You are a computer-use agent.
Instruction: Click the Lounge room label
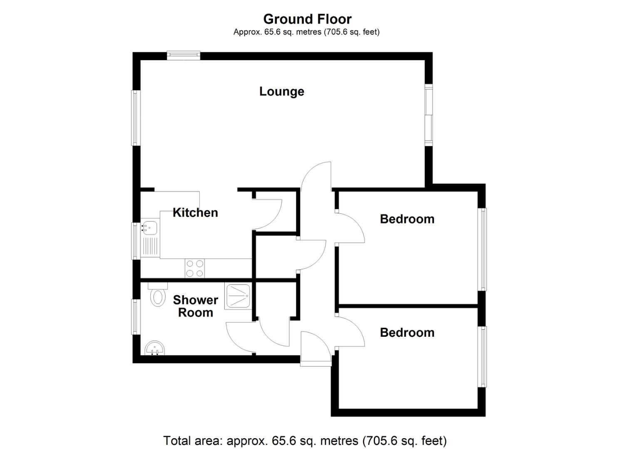pyautogui.click(x=281, y=91)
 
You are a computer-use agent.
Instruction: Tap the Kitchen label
pyautogui.click(x=195, y=212)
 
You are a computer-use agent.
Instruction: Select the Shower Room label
pyautogui.click(x=195, y=306)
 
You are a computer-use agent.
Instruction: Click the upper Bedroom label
pyautogui.click(x=407, y=219)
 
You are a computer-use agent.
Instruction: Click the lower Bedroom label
pyautogui.click(x=407, y=333)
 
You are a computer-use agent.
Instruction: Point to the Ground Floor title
pyautogui.click(x=307, y=19)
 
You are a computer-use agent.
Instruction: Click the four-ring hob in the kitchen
pyautogui.click(x=195, y=268)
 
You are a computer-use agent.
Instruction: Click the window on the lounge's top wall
pyautogui.click(x=184, y=56)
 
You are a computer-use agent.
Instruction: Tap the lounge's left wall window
pyautogui.click(x=136, y=118)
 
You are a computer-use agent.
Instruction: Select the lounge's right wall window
pyautogui.click(x=429, y=115)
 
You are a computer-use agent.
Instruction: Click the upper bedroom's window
pyautogui.click(x=482, y=249)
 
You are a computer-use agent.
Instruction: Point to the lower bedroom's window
pyautogui.click(x=482, y=357)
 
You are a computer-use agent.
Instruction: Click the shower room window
pyautogui.click(x=136, y=316)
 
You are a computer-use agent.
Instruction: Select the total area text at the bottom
pyautogui.click(x=305, y=440)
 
